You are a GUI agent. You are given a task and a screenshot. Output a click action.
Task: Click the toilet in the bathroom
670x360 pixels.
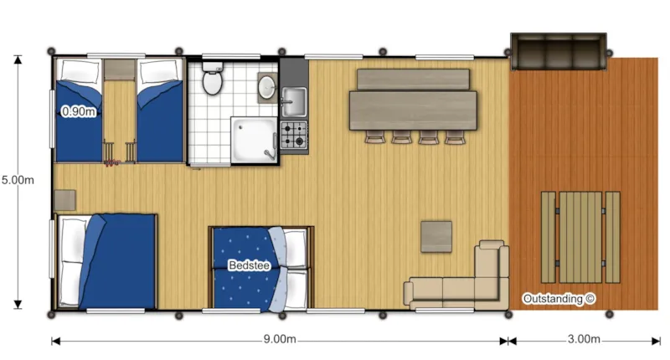(x=212, y=82)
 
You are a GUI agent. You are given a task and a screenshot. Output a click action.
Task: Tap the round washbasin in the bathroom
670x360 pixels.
(x=266, y=86)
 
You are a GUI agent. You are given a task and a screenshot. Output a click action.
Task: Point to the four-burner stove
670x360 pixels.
(x=293, y=135)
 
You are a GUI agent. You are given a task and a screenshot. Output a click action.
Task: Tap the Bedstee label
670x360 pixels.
(x=249, y=265)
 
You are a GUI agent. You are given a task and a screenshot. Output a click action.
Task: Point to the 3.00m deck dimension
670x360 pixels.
(x=583, y=340)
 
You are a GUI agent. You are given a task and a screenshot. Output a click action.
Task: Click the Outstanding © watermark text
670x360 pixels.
(x=559, y=298)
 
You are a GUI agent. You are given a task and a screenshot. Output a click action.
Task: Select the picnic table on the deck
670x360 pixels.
(x=580, y=237)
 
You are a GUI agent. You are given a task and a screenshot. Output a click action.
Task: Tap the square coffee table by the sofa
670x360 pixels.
(x=436, y=235)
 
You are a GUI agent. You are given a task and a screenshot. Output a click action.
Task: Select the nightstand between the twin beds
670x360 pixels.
(x=119, y=68)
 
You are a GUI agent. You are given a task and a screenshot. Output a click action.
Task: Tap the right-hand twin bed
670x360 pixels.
(x=160, y=109)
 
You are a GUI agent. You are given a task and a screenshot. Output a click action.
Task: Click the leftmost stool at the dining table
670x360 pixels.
(x=374, y=136)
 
